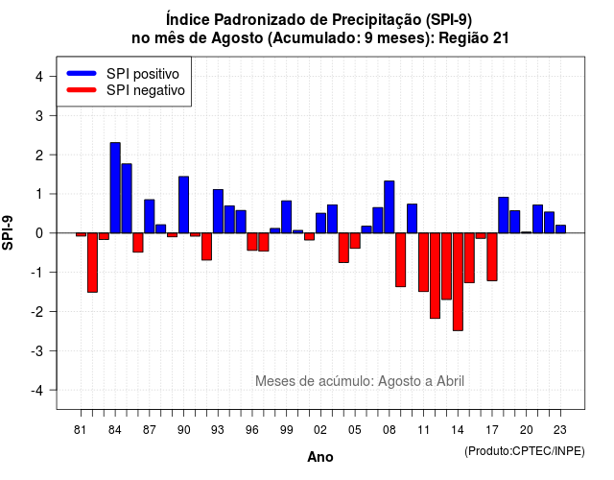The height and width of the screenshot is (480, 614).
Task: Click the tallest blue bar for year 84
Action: (115, 188)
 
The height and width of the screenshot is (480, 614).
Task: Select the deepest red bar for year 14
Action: (458, 281)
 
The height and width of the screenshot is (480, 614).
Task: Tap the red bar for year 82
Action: (92, 262)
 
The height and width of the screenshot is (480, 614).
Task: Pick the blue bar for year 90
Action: (183, 204)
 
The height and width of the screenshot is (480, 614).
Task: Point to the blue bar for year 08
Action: (390, 207)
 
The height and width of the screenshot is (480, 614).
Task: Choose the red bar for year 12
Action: (435, 276)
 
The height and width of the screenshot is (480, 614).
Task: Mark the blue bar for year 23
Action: (560, 228)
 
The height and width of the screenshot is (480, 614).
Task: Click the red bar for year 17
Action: (492, 256)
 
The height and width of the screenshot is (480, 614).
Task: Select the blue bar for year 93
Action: (218, 211)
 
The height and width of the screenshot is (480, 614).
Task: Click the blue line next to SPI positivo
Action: (82, 73)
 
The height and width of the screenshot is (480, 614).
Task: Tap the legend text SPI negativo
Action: (146, 90)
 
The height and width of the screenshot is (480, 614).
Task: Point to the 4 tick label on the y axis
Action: (39, 77)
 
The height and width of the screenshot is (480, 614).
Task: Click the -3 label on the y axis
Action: (36, 350)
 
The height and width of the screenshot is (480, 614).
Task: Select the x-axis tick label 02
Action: (320, 430)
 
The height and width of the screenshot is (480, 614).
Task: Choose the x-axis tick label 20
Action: (527, 430)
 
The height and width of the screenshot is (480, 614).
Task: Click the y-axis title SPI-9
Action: (8, 232)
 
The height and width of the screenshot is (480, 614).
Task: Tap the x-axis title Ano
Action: (320, 457)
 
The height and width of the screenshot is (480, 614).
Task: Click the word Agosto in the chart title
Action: (237, 38)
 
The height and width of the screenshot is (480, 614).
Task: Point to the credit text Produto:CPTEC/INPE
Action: (525, 451)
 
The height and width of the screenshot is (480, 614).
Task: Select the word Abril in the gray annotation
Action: (450, 381)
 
